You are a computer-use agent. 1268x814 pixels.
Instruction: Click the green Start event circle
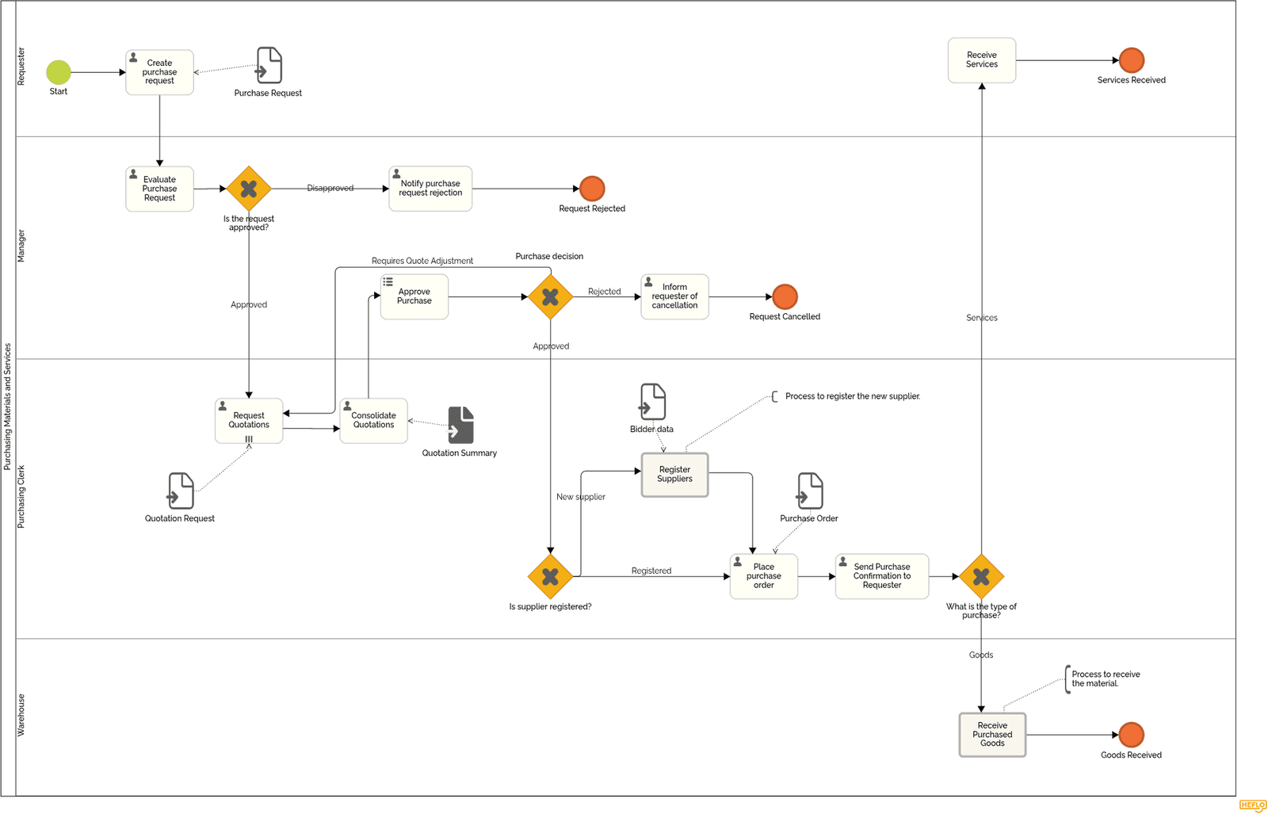point(59,72)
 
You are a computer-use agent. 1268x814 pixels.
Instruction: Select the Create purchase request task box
point(159,72)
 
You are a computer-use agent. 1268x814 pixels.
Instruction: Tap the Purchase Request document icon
point(269,65)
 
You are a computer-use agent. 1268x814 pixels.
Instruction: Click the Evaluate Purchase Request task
point(159,189)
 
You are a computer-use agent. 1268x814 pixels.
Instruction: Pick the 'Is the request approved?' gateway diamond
point(249,189)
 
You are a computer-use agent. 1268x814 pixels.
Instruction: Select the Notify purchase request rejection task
point(430,189)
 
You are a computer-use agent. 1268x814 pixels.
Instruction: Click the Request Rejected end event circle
point(592,189)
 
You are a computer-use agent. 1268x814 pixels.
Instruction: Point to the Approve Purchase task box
point(414,296)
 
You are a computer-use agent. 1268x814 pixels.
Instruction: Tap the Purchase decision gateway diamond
point(550,297)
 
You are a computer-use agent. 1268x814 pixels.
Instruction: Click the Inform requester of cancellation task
point(674,296)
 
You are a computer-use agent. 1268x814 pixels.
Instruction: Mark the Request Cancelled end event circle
point(785,296)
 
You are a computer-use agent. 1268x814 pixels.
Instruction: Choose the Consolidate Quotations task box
point(373,420)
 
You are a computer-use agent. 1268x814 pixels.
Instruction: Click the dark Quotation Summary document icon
point(460,426)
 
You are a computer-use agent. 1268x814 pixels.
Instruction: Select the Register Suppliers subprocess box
point(674,475)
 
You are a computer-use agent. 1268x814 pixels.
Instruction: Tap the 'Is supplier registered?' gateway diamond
point(550,576)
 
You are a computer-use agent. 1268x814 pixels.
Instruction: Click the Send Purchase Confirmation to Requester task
point(881,576)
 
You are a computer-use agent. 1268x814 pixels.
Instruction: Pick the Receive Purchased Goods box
point(992,735)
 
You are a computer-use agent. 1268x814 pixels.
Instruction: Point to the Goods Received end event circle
point(1131,735)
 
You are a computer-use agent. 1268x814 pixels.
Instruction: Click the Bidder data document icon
point(652,402)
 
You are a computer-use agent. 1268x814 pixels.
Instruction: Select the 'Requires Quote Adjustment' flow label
point(422,261)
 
